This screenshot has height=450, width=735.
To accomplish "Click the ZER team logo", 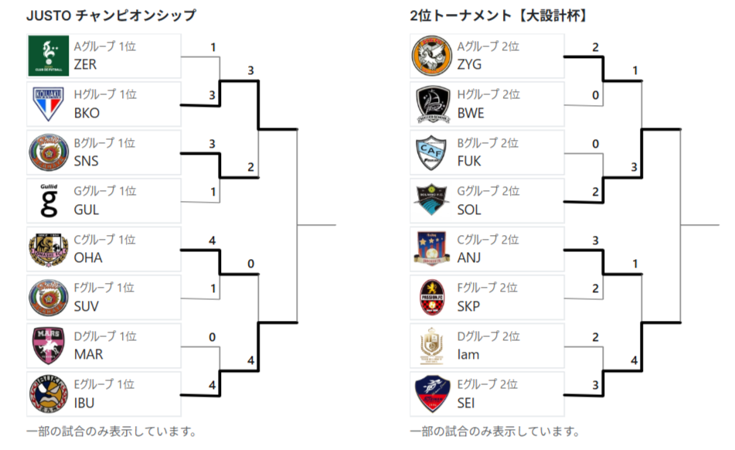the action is [48, 56].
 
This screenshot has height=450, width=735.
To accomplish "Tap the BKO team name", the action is [87, 113].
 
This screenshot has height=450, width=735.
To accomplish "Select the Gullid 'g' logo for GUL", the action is [49, 200].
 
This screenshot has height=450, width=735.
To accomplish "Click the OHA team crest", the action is [48, 250].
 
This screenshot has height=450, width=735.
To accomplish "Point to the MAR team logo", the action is [48, 346].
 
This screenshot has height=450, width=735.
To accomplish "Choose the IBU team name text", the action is [84, 403].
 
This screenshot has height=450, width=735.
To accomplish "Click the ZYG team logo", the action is [432, 56].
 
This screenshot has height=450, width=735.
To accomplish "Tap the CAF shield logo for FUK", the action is [432, 152].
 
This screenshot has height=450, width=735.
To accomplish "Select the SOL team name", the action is [469, 210].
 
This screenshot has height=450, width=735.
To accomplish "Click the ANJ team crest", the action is [432, 249].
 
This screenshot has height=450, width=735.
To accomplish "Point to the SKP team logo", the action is [432, 297].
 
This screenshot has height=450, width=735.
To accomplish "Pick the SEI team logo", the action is [432, 394].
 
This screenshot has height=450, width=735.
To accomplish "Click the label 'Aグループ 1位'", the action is [105, 46].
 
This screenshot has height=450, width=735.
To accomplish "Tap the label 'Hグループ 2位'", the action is [488, 94].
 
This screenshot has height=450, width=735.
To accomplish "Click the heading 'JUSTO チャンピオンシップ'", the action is [111, 15].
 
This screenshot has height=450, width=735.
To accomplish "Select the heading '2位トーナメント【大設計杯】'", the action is [499, 15].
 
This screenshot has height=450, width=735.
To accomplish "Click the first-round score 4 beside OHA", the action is [213, 240].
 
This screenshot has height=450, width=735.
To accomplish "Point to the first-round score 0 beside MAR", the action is [213, 337].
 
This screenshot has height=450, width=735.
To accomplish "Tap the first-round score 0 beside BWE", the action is [595, 95].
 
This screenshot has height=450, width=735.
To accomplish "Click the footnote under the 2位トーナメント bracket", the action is [495, 431].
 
